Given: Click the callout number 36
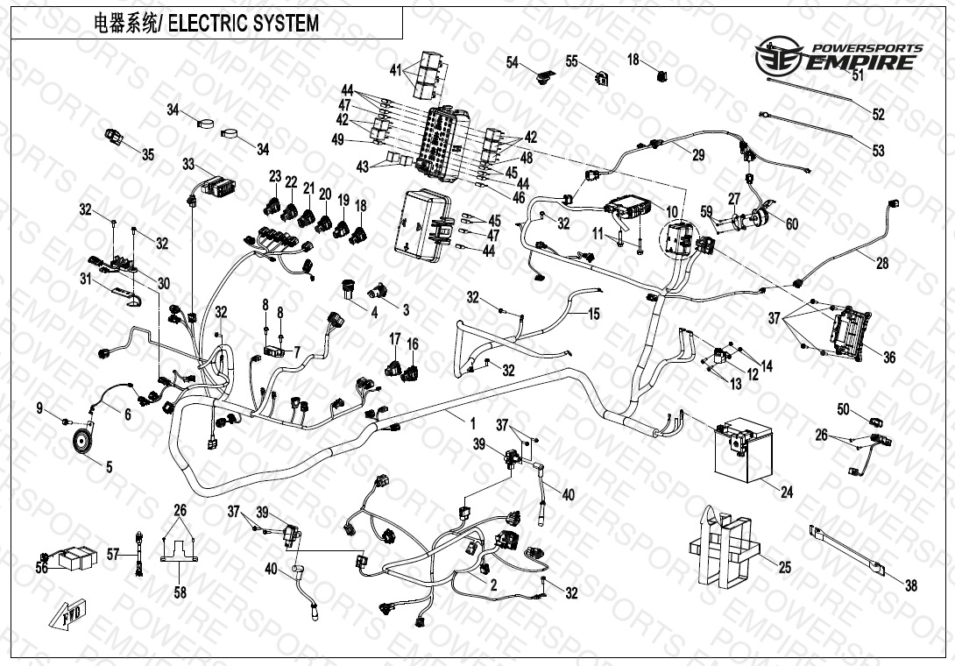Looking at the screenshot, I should [888, 358].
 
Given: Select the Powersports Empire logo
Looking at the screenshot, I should [838, 56].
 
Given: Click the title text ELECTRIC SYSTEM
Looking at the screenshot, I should [243, 24].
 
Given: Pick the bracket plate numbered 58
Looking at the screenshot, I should [179, 552].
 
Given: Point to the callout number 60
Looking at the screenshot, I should [791, 224].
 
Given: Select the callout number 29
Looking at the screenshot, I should [697, 155].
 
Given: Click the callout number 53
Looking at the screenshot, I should [878, 151].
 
